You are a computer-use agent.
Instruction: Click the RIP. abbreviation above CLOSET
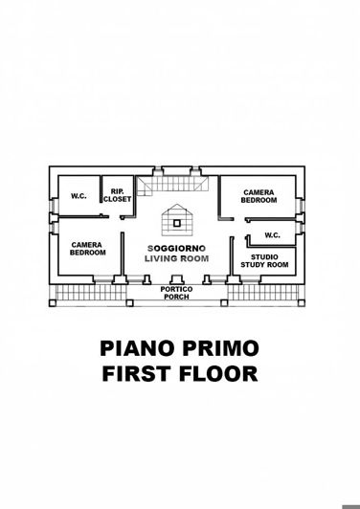pos(117,190)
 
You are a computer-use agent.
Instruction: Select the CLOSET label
pos(117,198)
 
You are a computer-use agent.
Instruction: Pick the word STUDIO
pos(264,256)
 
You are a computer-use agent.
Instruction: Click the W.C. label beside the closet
pos(79,197)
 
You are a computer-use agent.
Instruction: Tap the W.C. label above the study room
pos(271,235)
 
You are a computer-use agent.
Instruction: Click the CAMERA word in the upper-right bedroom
pos(259,191)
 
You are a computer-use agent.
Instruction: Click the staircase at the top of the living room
pos(153,185)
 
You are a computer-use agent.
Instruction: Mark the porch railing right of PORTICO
pos(264,294)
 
